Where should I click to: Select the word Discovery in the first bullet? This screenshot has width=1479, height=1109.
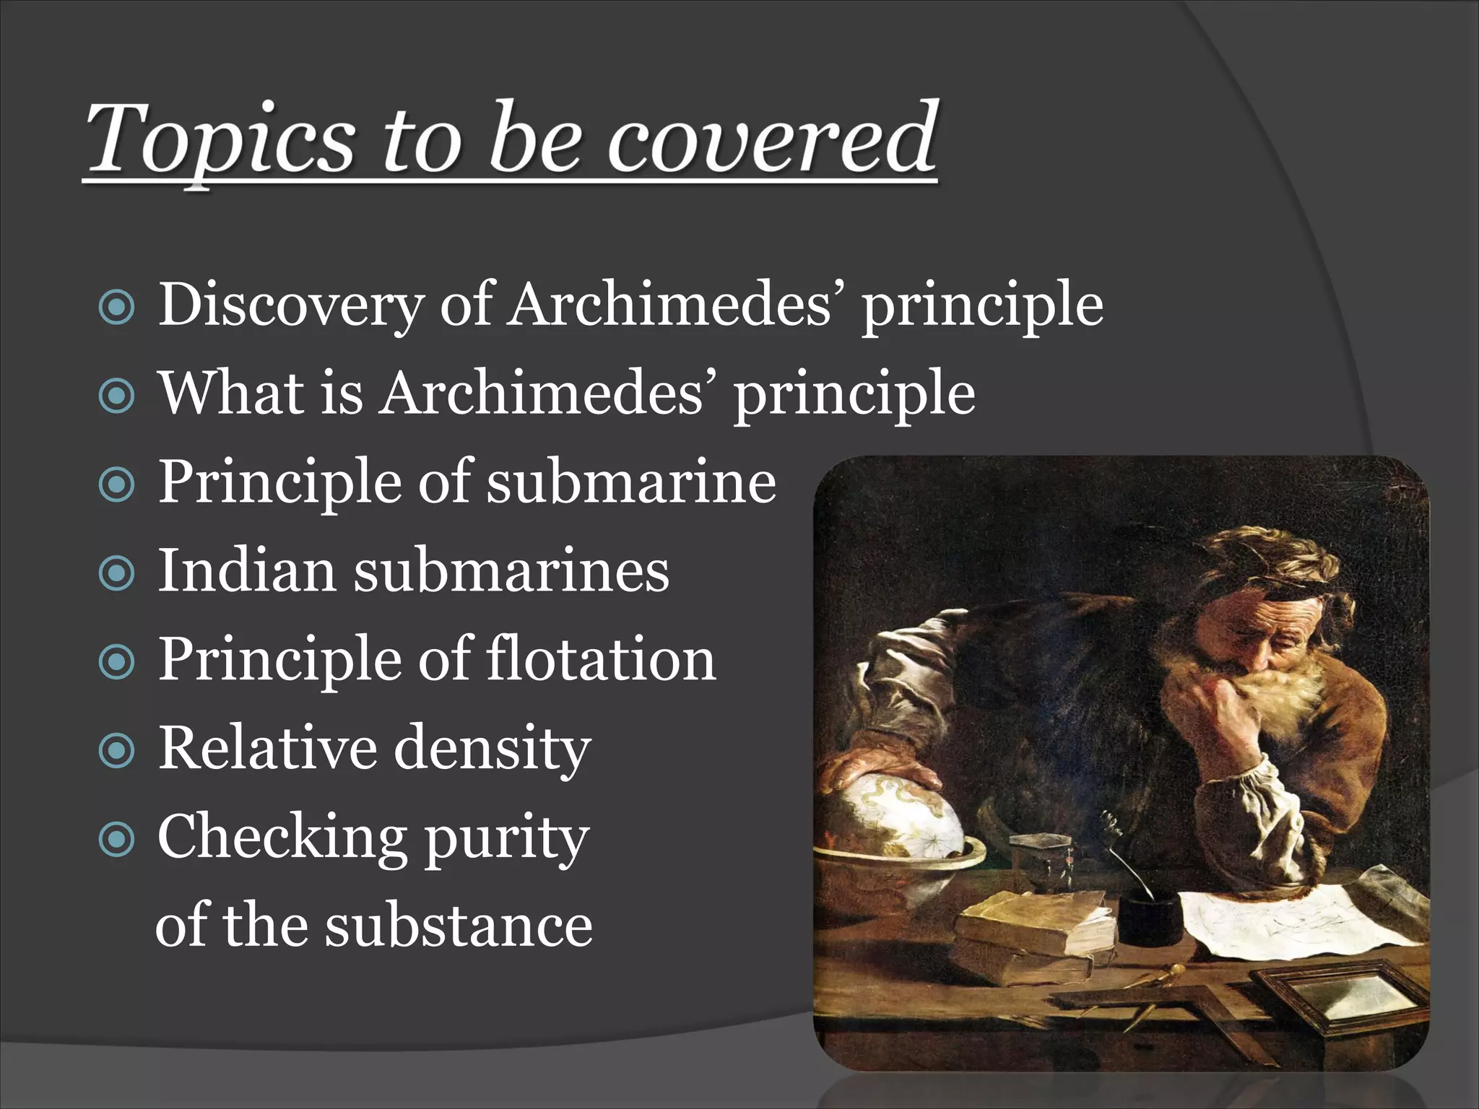(290, 305)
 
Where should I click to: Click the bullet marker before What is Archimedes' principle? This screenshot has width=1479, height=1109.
(116, 396)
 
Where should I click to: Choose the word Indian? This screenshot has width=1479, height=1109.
(246, 570)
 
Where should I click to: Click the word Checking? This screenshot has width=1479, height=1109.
(281, 838)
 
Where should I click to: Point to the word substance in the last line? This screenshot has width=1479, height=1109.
(458, 926)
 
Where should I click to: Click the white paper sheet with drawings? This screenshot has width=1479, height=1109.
(1293, 917)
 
